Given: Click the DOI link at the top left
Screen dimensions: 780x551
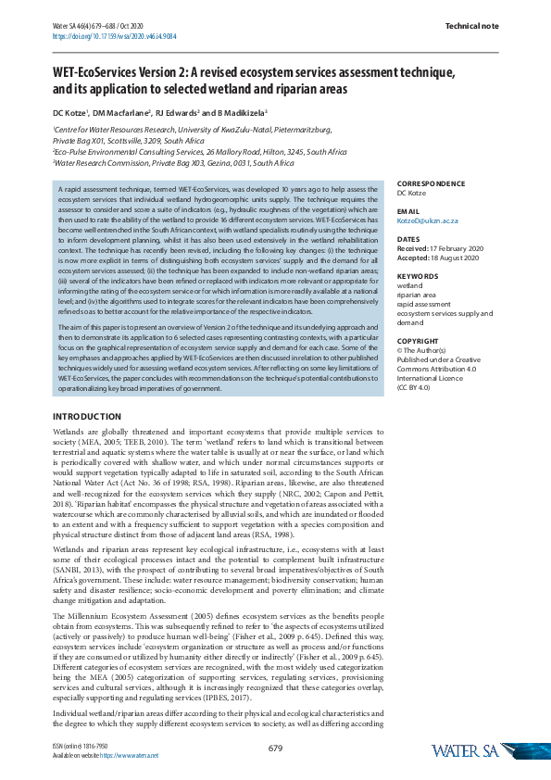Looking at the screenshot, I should point(114,36).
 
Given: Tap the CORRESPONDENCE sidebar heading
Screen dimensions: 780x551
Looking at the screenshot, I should point(435,183).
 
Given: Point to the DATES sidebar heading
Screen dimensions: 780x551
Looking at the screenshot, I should point(408,239).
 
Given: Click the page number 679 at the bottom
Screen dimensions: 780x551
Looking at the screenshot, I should point(275,748).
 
